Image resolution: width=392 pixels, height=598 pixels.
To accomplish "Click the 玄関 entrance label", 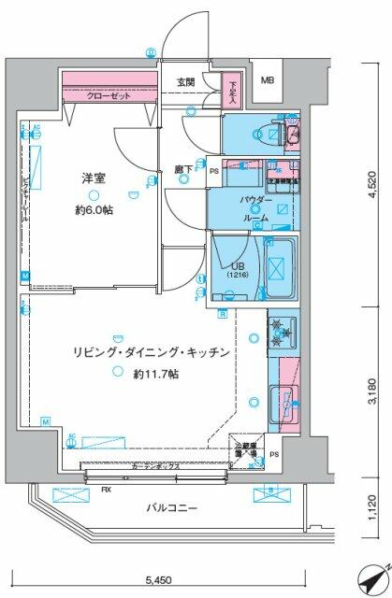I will pos(184,81).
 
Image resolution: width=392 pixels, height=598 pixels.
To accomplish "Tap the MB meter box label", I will pos(268,81).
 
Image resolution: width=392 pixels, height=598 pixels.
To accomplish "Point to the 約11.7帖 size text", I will pos(155,374).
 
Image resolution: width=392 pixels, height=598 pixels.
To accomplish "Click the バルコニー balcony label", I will pos(172,508).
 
